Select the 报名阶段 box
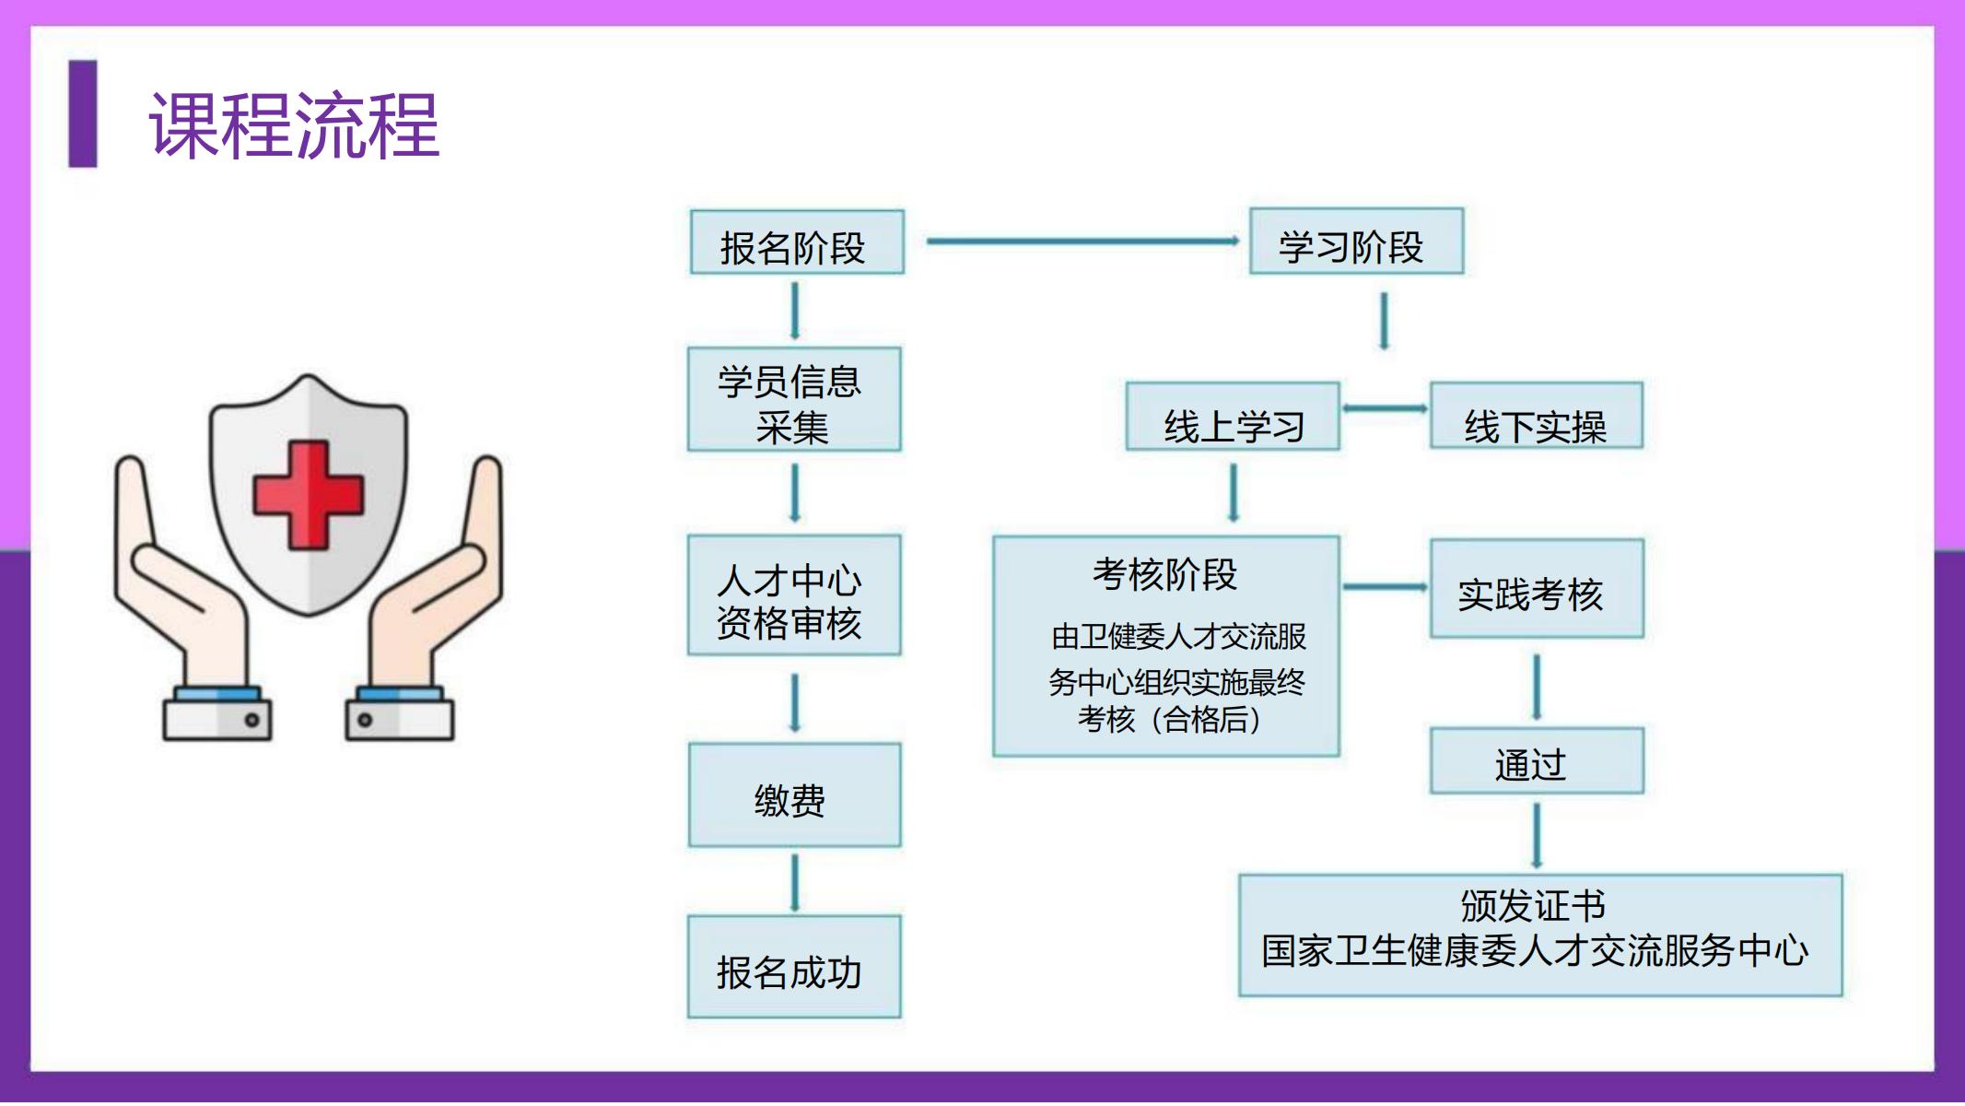[x=797, y=242]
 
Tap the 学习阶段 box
[x=1356, y=241]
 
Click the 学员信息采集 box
[x=794, y=399]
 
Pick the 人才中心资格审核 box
[x=794, y=595]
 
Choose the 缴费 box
[x=794, y=795]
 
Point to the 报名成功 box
[x=794, y=967]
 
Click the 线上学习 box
[x=1233, y=417]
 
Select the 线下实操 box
[x=1537, y=416]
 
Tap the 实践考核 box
[x=1537, y=589]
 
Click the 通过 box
[x=1537, y=761]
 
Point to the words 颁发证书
[x=1533, y=906]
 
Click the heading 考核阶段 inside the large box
[x=1164, y=574]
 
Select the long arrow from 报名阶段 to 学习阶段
[x=1083, y=241]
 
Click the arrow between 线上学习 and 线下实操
[x=1385, y=408]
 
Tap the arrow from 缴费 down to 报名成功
[x=795, y=884]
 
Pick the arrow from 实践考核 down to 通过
[x=1537, y=688]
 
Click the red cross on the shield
[x=309, y=495]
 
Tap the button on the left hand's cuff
[x=252, y=720]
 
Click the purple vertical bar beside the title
[x=83, y=114]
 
